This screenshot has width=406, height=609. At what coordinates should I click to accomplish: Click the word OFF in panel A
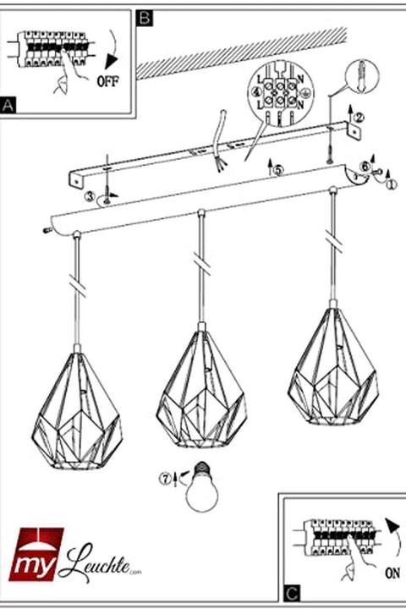(x=108, y=81)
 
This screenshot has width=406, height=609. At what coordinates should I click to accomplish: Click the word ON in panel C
(x=392, y=572)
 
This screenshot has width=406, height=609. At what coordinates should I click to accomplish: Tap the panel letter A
(x=8, y=105)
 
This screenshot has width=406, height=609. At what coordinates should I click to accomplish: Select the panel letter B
(x=145, y=18)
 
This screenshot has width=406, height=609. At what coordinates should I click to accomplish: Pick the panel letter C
(x=292, y=593)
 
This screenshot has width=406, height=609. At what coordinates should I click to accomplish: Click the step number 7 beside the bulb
(x=166, y=479)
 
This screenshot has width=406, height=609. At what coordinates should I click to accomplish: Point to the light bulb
(x=201, y=486)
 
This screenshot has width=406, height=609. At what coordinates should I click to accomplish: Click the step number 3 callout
(x=91, y=196)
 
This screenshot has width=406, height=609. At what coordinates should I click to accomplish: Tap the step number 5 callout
(x=278, y=170)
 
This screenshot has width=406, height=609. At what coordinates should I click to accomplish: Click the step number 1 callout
(x=392, y=184)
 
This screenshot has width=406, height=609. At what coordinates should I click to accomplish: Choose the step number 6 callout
(x=365, y=165)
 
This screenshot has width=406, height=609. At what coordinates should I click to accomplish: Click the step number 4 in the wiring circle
(x=256, y=93)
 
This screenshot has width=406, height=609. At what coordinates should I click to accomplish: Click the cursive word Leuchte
(x=97, y=563)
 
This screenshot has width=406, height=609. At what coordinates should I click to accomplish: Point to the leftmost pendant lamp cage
(x=77, y=410)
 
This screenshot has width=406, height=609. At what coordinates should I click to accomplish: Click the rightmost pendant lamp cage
(x=333, y=367)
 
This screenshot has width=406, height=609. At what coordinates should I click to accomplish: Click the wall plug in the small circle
(x=362, y=76)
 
